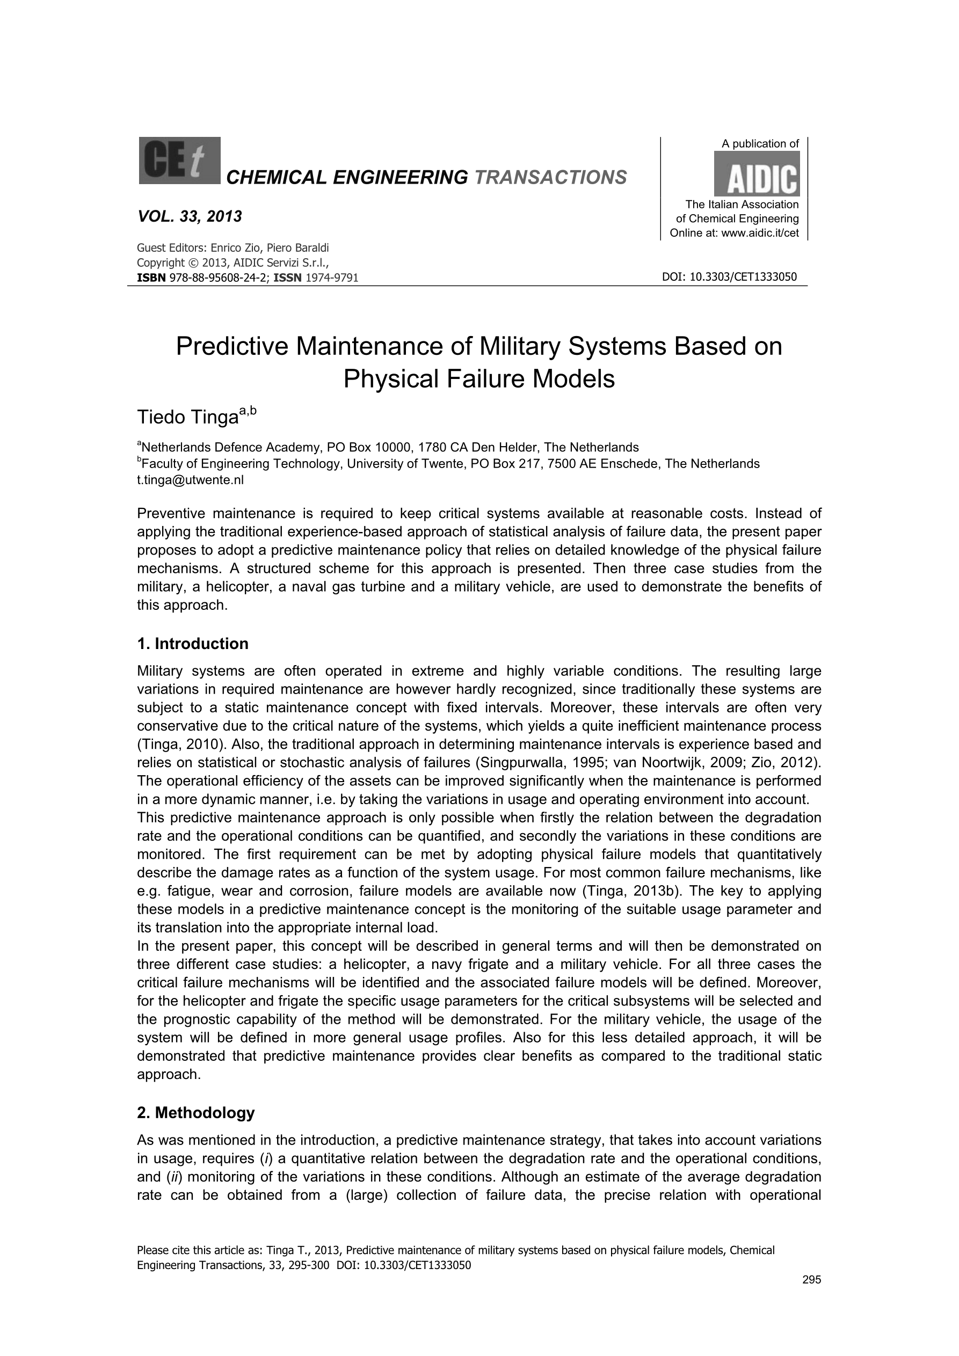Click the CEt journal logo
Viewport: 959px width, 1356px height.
click(x=180, y=161)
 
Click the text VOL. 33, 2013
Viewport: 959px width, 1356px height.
click(x=190, y=217)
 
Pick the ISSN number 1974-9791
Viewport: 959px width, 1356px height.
click(x=331, y=278)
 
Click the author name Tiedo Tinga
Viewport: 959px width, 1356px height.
click(x=187, y=418)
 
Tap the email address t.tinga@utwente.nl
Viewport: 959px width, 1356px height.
click(x=190, y=479)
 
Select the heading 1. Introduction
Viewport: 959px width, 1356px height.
click(x=193, y=644)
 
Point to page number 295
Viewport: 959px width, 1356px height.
click(x=812, y=1280)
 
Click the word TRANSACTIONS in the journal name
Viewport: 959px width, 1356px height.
click(x=550, y=177)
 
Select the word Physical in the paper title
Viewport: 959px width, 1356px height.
click(x=390, y=379)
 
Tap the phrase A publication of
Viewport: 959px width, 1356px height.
click(x=760, y=143)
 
